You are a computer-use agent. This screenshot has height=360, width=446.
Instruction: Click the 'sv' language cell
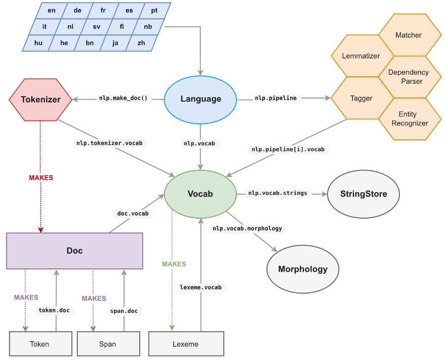pos(97,27)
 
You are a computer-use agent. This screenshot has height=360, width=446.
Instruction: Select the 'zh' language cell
pos(141,43)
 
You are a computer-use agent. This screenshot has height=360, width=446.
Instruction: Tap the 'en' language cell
pos(52,10)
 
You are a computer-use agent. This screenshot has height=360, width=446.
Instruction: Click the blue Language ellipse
pos(201,100)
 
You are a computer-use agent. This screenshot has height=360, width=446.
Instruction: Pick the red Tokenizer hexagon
pos(41,100)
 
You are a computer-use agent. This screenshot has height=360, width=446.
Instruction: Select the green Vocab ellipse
pos(201,194)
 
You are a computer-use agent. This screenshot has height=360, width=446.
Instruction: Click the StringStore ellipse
pos(364,194)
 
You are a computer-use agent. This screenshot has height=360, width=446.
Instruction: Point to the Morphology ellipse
pos(303,269)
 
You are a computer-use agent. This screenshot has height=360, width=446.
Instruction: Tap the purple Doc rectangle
pos(74,251)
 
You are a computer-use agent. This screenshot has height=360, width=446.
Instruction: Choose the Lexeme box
pos(186,344)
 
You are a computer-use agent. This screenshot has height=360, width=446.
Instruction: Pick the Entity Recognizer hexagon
pos(410,119)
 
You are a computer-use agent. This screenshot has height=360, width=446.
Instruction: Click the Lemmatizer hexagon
pos(361,56)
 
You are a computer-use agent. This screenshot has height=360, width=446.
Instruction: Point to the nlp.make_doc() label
pos(123,98)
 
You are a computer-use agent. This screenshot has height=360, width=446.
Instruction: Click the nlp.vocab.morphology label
pos(247,229)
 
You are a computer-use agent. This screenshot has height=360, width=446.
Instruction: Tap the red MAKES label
pos(41,178)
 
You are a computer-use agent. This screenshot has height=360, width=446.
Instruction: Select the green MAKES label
pos(174,264)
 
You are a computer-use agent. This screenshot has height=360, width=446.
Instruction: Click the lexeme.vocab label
pos(201,288)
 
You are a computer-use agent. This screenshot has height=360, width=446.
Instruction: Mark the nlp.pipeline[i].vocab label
pos(288,149)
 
